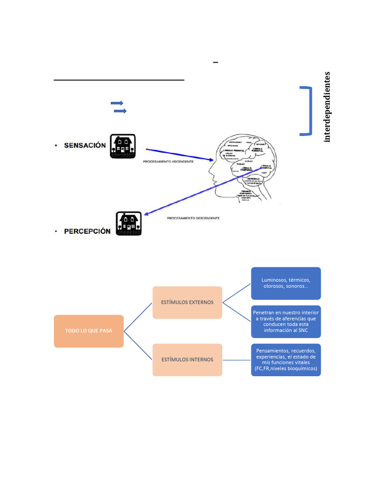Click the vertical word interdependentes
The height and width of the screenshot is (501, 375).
point(327,107)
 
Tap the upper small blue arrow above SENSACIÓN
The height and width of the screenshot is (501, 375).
point(117,103)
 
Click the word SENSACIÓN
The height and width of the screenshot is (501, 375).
point(85,146)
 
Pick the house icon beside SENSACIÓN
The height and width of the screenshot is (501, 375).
point(123,146)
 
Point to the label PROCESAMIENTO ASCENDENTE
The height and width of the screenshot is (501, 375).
point(168,161)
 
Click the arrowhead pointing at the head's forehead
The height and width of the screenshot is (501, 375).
point(211,159)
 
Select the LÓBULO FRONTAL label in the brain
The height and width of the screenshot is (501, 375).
point(232,151)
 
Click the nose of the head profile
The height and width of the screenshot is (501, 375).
point(210,173)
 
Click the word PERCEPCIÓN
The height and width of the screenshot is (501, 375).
point(87,231)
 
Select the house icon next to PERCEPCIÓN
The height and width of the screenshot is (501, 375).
point(128,224)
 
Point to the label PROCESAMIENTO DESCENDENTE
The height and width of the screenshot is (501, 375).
point(193,218)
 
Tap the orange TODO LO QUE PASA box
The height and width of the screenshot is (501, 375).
point(89,331)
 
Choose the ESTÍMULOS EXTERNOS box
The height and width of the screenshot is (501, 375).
point(187,302)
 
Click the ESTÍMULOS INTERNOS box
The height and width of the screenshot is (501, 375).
point(187,360)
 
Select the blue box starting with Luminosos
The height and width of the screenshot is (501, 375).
point(286,283)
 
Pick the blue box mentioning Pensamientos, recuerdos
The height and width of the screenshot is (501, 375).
point(286,360)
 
